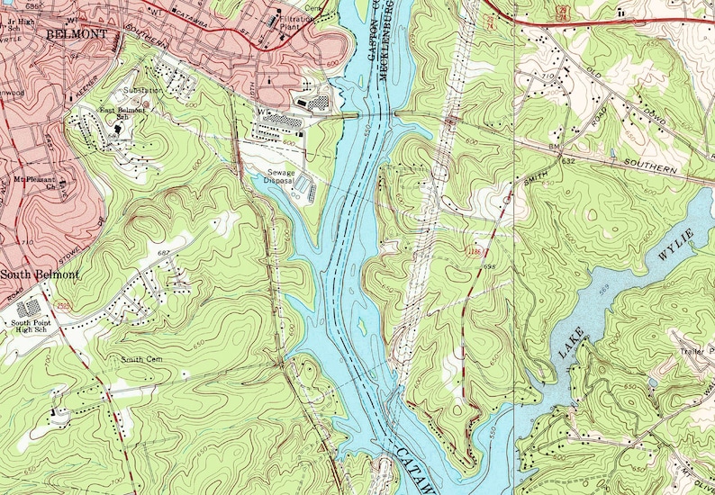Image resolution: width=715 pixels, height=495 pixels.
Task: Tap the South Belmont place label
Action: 40,274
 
